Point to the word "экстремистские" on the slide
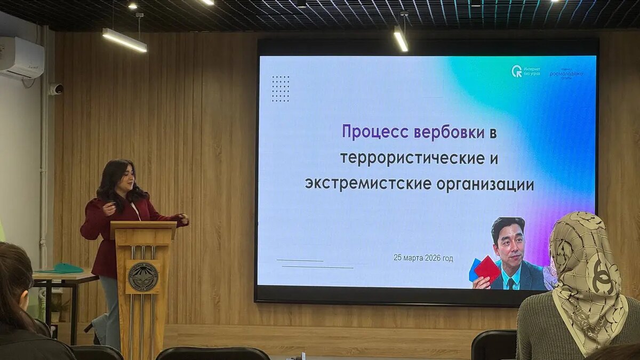pyautogui.click(x=368, y=185)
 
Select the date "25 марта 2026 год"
pyautogui.click(x=423, y=258)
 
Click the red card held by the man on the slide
pyautogui.click(x=487, y=269)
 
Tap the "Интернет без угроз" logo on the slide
pyautogui.click(x=526, y=71)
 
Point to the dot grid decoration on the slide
pyautogui.click(x=281, y=89)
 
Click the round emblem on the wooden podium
pyautogui.click(x=143, y=277)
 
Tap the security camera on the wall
pyautogui.click(x=56, y=89)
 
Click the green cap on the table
pyautogui.click(x=68, y=268)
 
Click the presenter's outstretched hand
pyautogui.click(x=183, y=219)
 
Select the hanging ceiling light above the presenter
pyautogui.click(x=124, y=41)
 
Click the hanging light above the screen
pyautogui.click(x=401, y=39)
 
